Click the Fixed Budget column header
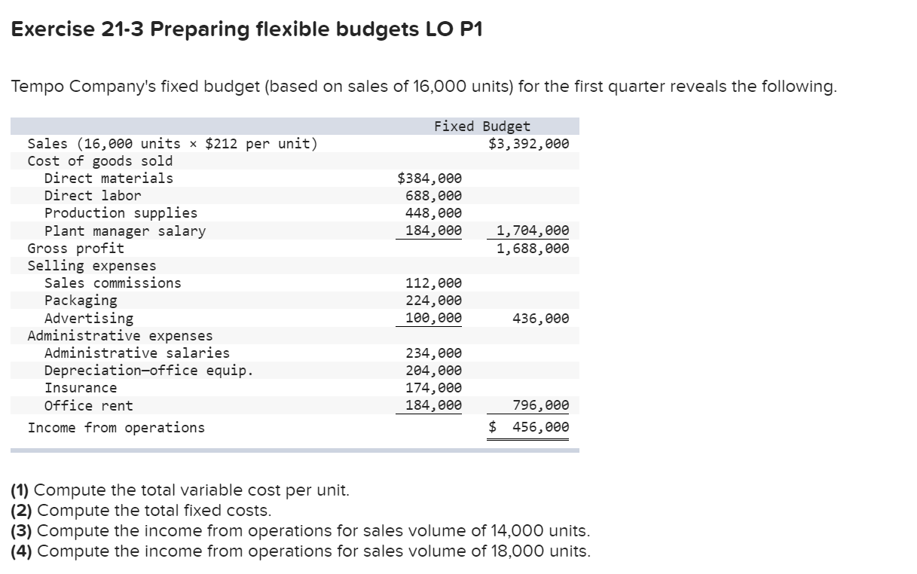click(x=481, y=127)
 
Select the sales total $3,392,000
click(x=528, y=144)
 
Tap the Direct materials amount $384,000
click(x=429, y=179)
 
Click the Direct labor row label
click(x=93, y=196)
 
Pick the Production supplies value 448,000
click(x=433, y=213)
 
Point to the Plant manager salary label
click(x=125, y=231)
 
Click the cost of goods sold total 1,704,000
click(x=533, y=231)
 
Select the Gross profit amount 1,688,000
click(x=533, y=249)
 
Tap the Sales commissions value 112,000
click(x=433, y=283)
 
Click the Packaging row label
click(x=81, y=301)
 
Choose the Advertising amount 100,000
click(x=433, y=318)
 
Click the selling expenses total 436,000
click(x=540, y=319)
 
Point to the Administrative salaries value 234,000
click(x=433, y=353)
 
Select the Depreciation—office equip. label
click(x=148, y=371)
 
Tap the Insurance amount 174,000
click(x=433, y=388)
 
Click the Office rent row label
click(x=88, y=406)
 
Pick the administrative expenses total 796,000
click(x=540, y=406)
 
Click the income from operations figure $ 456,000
click(x=529, y=428)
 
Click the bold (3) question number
click(x=22, y=530)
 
